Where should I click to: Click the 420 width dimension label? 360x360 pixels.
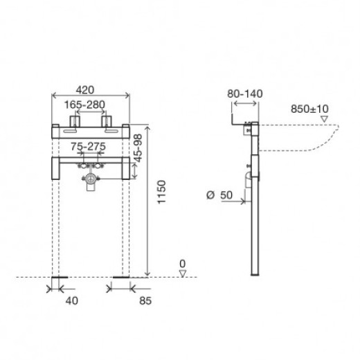[x=85, y=90]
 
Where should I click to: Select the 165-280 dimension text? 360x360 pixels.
[x=84, y=105]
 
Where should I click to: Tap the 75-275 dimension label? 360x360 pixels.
[x=88, y=146]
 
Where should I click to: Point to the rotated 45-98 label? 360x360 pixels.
[x=138, y=148]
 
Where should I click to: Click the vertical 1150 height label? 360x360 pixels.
[x=161, y=192]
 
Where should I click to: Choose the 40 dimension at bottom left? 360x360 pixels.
[x=71, y=300]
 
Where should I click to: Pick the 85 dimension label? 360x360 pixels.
[x=145, y=300]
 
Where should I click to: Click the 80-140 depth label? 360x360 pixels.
[x=245, y=93]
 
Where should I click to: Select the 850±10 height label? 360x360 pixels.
[x=309, y=109]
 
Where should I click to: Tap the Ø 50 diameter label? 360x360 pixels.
[x=219, y=195]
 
